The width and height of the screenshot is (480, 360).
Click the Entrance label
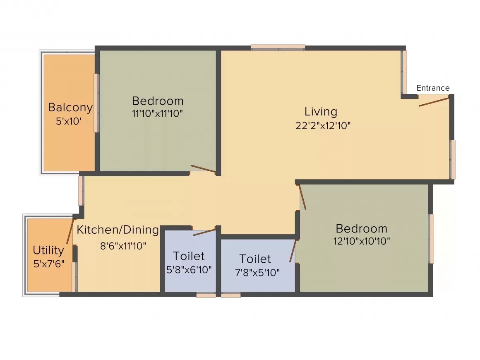pyautogui.click(x=432, y=88)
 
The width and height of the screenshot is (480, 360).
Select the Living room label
pyautogui.click(x=321, y=112)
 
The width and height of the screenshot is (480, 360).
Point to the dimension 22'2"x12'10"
pyautogui.click(x=323, y=126)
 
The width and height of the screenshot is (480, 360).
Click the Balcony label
pyautogui.click(x=70, y=108)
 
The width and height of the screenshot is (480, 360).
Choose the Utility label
pyautogui.click(x=48, y=250)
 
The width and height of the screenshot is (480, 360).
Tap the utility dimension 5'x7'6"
pyautogui.click(x=49, y=264)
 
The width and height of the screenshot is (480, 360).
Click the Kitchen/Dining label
pyautogui.click(x=118, y=230)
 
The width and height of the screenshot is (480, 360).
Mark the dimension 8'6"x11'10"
pyautogui.click(x=123, y=246)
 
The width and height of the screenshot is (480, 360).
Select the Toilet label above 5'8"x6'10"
pyautogui.click(x=188, y=256)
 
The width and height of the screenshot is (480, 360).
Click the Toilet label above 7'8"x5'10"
pyautogui.click(x=255, y=259)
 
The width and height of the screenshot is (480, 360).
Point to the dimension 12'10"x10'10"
pyautogui.click(x=362, y=241)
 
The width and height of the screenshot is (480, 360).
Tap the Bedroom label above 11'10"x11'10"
pyautogui.click(x=157, y=101)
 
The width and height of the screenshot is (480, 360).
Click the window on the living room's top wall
pyautogui.click(x=278, y=48)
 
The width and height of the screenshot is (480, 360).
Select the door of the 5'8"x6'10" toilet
pyautogui.click(x=204, y=232)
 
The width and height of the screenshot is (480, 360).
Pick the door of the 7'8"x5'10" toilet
pyautogui.click(x=293, y=251)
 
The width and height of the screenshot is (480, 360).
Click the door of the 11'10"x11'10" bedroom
pyautogui.click(x=203, y=168)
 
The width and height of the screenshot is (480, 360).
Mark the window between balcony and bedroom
pyautogui.click(x=96, y=103)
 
